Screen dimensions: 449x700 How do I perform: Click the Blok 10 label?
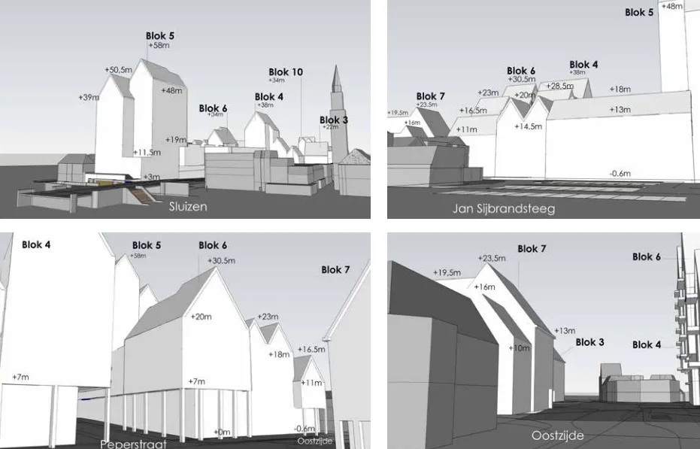click(286, 72)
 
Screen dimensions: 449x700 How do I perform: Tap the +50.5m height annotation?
click(119, 70)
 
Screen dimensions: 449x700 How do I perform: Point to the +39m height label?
click(89, 97)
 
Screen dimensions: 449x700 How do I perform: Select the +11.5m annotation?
click(147, 153)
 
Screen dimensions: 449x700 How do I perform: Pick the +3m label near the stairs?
click(152, 176)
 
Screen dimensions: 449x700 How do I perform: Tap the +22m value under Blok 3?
click(330, 128)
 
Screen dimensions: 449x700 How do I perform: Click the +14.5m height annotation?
click(528, 126)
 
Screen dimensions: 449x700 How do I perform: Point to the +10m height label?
click(520, 348)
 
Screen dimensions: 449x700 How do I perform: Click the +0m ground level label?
click(222, 432)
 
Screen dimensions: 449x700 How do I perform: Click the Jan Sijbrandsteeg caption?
click(504, 208)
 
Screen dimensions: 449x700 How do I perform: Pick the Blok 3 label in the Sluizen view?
click(334, 120)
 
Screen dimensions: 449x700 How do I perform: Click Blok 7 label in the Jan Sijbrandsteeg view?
click(430, 96)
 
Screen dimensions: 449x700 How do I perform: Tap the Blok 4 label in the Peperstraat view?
click(36, 244)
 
